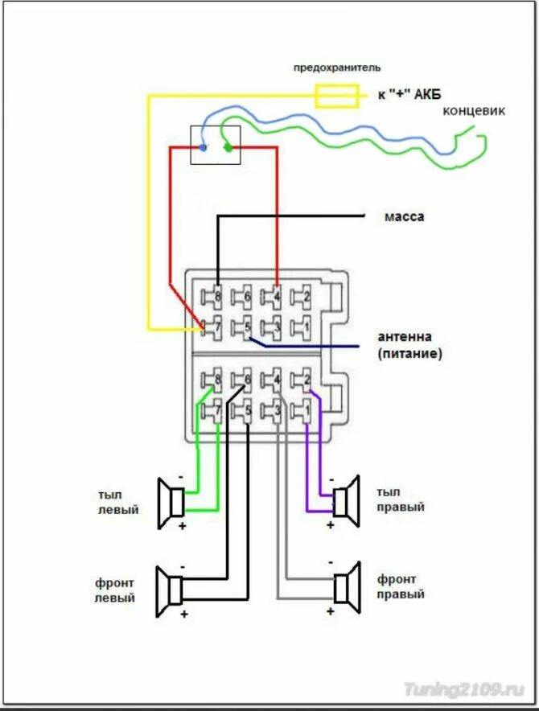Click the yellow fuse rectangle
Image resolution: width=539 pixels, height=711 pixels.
[335, 96]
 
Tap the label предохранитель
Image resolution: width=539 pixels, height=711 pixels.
[336, 68]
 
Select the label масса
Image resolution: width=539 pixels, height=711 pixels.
[403, 216]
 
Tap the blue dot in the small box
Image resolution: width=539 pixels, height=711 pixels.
[203, 148]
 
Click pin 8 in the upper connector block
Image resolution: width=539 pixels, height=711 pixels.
[216, 297]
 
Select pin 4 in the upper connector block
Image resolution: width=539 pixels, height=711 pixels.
[274, 297]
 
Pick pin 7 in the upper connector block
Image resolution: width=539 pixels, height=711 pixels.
[214, 327]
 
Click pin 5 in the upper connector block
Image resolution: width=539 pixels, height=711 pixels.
[245, 327]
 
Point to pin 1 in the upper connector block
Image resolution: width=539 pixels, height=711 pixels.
[303, 327]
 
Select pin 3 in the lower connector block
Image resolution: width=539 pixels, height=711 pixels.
[274, 411]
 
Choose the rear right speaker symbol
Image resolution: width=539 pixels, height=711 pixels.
[345, 500]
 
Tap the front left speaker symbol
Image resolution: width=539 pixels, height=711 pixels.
[172, 590]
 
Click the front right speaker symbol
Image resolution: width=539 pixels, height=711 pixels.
[345, 588]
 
